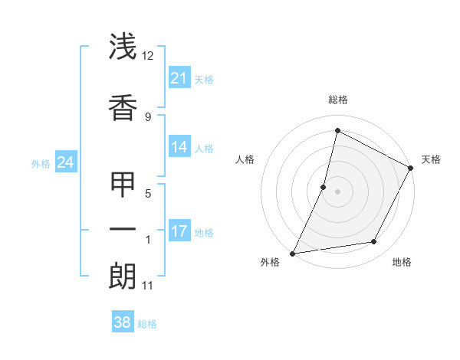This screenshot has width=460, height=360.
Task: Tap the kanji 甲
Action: (x=123, y=185)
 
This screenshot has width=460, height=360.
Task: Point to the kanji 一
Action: (x=123, y=230)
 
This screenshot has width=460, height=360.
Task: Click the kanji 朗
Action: (x=123, y=276)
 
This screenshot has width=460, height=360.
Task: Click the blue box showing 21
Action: (x=179, y=78)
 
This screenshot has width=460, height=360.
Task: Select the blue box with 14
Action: (x=179, y=147)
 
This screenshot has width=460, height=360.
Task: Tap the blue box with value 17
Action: (x=179, y=231)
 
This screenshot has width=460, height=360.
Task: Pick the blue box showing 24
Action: (x=66, y=162)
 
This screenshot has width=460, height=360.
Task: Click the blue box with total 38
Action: (x=123, y=322)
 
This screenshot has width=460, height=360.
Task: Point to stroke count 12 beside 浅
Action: (x=148, y=56)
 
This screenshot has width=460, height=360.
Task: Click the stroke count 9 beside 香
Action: (x=148, y=116)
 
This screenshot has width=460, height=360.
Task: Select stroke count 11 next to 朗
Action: (x=148, y=286)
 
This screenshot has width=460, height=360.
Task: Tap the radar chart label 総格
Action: (x=338, y=100)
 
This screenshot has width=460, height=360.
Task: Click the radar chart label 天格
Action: (x=431, y=159)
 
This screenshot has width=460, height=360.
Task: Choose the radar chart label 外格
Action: (x=270, y=263)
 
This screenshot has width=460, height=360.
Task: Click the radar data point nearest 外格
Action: (x=292, y=253)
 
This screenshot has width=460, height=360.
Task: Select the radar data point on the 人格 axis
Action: (x=324, y=187)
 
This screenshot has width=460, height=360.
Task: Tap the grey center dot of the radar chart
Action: (x=337, y=191)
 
